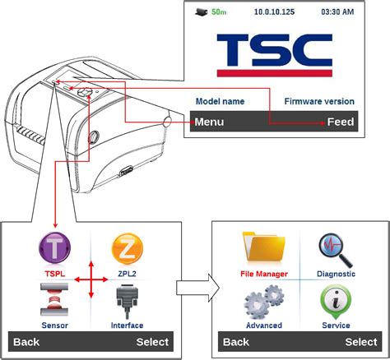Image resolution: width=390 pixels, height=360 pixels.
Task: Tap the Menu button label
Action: click(209, 122)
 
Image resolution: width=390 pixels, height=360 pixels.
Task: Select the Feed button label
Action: click(341, 122)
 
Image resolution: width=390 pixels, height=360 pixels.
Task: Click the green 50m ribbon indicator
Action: click(218, 12)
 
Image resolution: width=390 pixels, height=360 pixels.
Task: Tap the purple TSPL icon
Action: click(55, 248)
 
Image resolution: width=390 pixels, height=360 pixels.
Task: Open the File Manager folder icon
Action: click(264, 247)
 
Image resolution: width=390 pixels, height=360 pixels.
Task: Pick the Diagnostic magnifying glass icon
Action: click(337, 247)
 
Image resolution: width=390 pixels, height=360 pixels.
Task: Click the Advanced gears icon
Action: click(264, 301)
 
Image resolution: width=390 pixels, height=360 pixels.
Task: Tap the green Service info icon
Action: click(337, 301)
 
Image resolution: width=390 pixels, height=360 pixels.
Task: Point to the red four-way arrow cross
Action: click(91, 280)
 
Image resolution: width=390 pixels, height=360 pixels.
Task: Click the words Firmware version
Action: click(319, 101)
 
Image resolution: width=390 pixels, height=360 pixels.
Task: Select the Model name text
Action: click(220, 101)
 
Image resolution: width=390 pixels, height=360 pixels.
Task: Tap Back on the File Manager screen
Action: click(236, 342)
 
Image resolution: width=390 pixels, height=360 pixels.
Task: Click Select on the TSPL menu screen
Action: click(151, 342)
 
